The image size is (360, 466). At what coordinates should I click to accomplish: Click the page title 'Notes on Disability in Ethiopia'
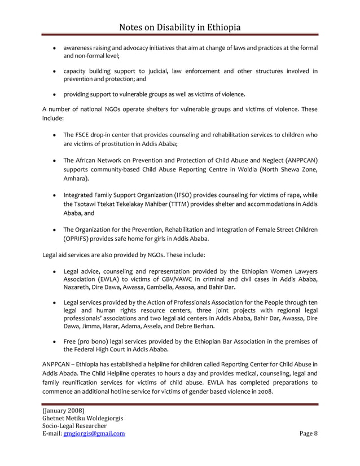pyautogui.click(x=179, y=27)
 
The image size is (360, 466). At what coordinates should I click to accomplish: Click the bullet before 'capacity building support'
pyautogui.click(x=53, y=71)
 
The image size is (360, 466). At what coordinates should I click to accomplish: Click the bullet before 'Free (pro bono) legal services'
pyautogui.click(x=53, y=340)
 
